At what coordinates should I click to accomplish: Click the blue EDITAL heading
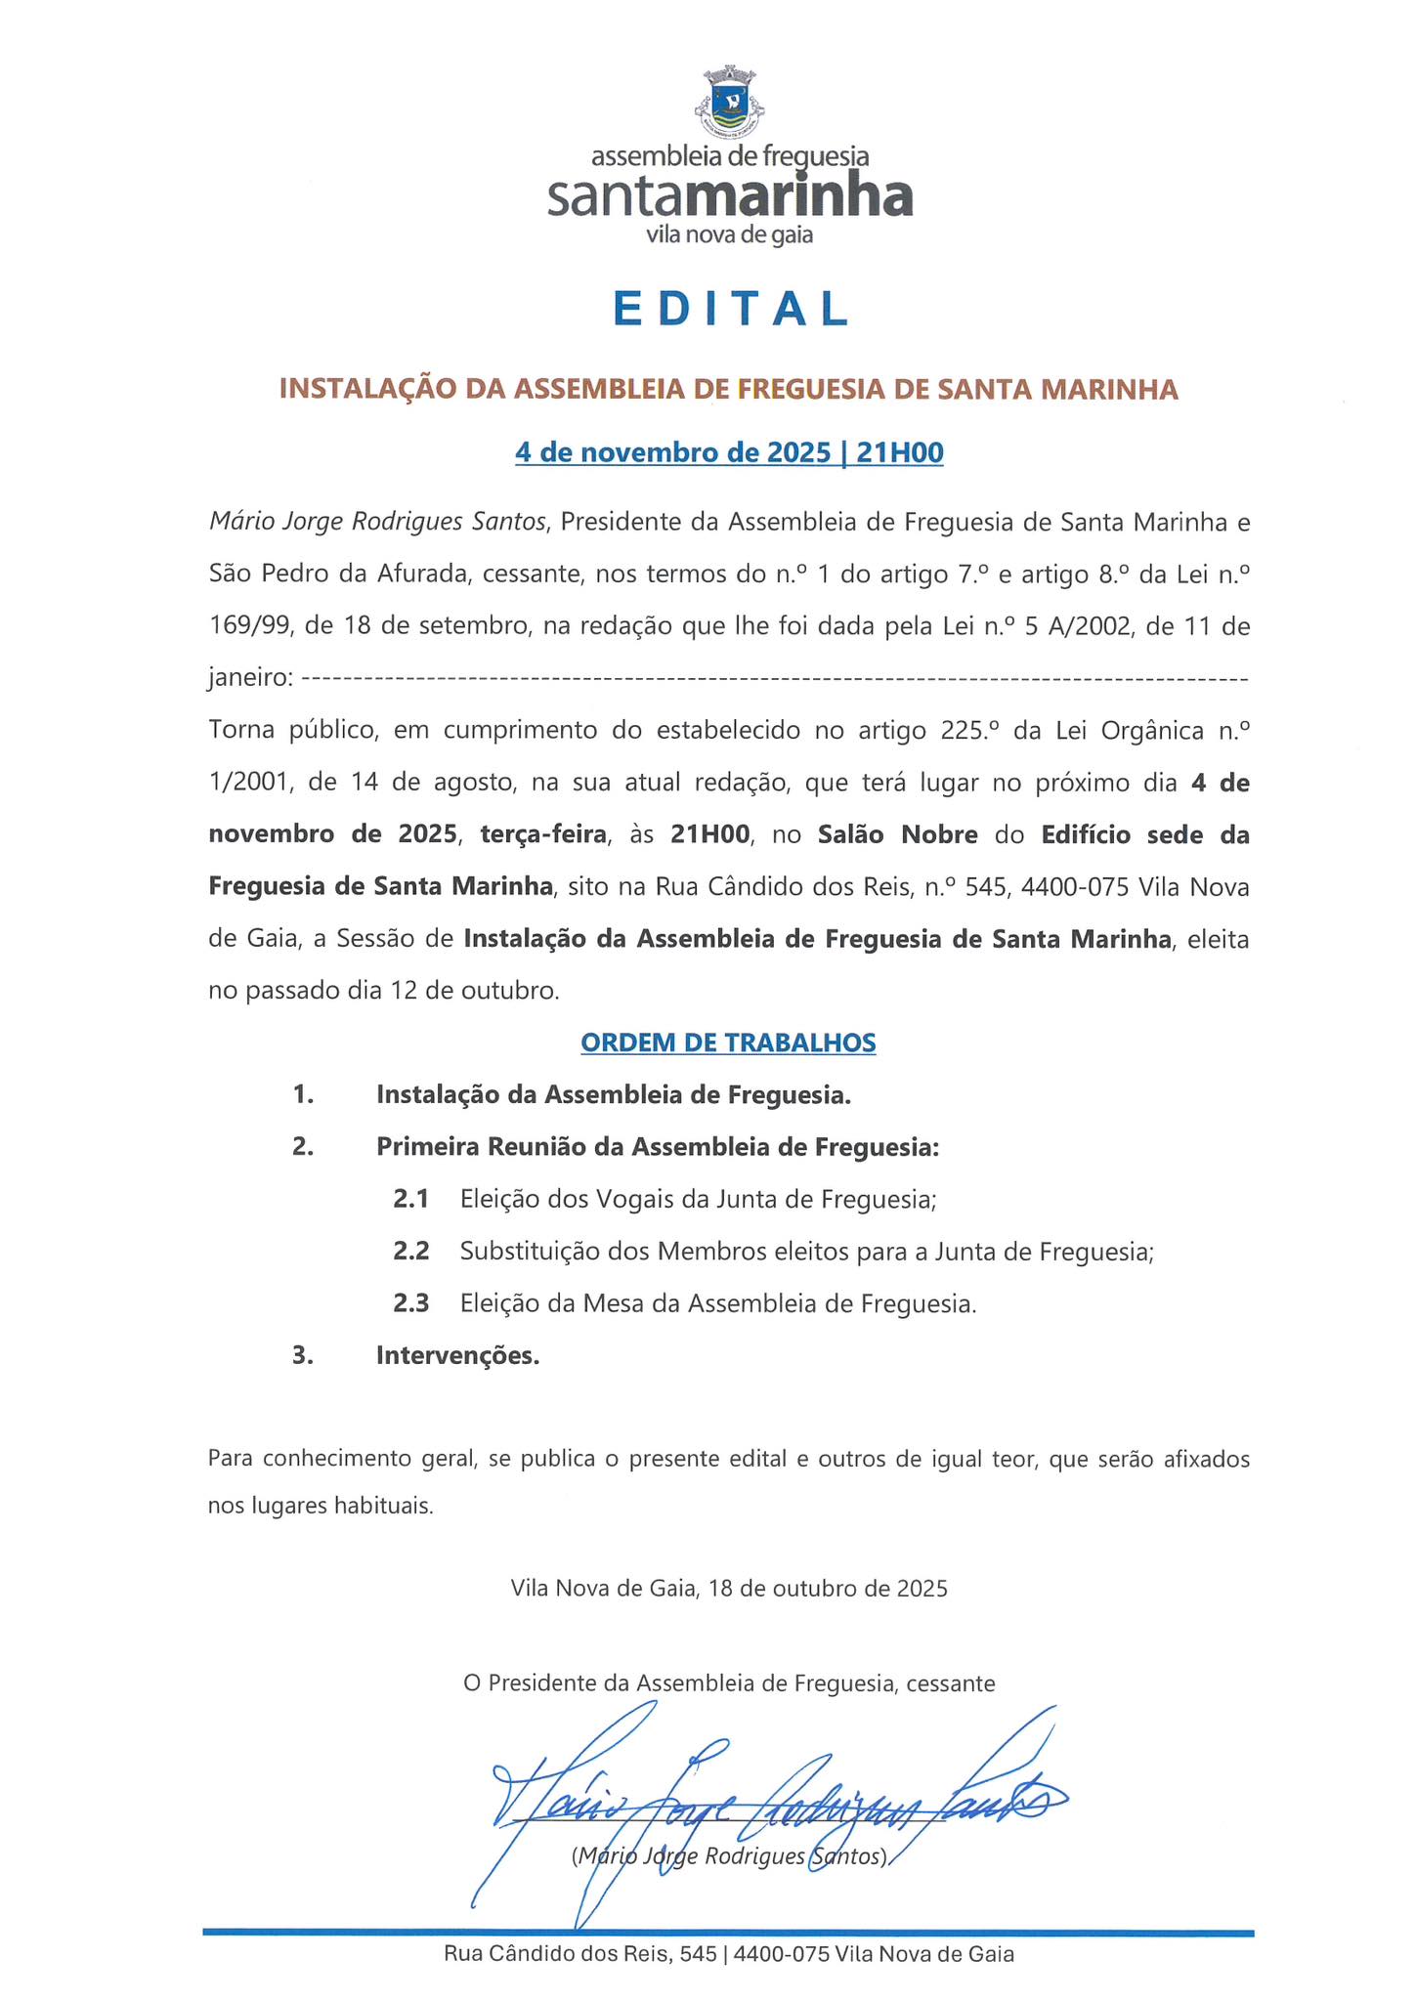pyautogui.click(x=730, y=309)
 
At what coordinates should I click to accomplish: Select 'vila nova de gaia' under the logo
pyautogui.click(x=730, y=235)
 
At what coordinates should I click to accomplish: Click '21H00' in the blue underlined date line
pyautogui.click(x=900, y=452)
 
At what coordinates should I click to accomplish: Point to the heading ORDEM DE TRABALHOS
pyautogui.click(x=728, y=1043)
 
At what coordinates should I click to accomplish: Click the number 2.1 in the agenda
pyautogui.click(x=410, y=1199)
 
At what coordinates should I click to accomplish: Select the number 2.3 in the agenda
pyautogui.click(x=410, y=1303)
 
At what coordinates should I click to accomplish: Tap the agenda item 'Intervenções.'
pyautogui.click(x=457, y=1356)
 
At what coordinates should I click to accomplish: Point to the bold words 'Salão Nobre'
pyautogui.click(x=897, y=834)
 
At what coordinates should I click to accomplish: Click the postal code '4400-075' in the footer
pyautogui.click(x=782, y=1955)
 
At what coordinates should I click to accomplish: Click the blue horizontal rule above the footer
pyautogui.click(x=728, y=1932)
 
